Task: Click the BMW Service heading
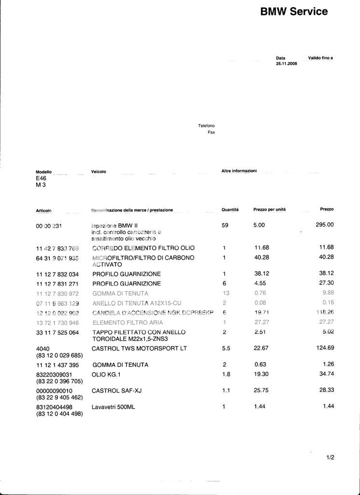[294, 12]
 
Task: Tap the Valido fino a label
[320, 58]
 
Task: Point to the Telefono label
[206, 126]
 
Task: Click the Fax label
[211, 132]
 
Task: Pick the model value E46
[42, 178]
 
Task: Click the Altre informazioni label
[239, 171]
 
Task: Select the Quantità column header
[230, 210]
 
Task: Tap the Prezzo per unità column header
[269, 210]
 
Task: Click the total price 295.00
[325, 225]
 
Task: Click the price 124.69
[325, 348]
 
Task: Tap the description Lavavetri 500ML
[114, 407]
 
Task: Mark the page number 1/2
[331, 457]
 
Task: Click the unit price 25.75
[261, 390]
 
